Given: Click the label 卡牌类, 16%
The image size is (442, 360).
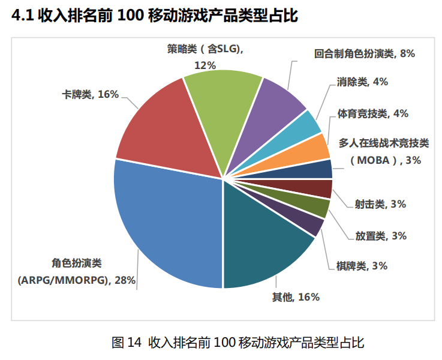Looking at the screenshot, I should pyautogui.click(x=91, y=94).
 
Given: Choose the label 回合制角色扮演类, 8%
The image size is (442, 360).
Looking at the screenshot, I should pyautogui.click(x=365, y=53).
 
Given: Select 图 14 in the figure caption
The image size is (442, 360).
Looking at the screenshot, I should pyautogui.click(x=126, y=343).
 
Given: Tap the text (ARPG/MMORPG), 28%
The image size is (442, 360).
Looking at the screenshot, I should pyautogui.click(x=76, y=280).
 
